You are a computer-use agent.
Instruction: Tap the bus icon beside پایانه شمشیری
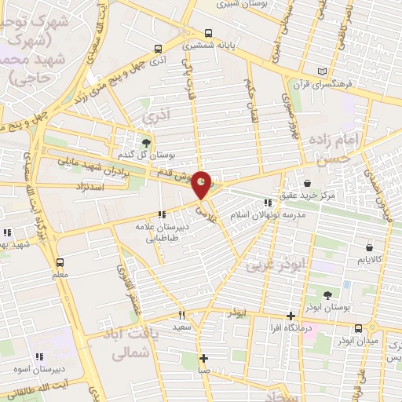coord(208,34)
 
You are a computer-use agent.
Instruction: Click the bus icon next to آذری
coord(159,47)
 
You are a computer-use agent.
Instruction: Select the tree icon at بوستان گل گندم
coord(146,142)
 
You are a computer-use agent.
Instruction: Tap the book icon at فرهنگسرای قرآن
coord(322,72)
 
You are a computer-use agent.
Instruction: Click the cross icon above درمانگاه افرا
coord(291,314)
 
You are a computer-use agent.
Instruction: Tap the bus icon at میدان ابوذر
coord(358,327)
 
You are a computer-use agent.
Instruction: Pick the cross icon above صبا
coord(203,357)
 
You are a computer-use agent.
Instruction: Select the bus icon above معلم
coord(60,263)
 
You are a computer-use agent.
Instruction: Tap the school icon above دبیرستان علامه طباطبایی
coord(162,214)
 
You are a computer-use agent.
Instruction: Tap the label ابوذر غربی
coord(271,265)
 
